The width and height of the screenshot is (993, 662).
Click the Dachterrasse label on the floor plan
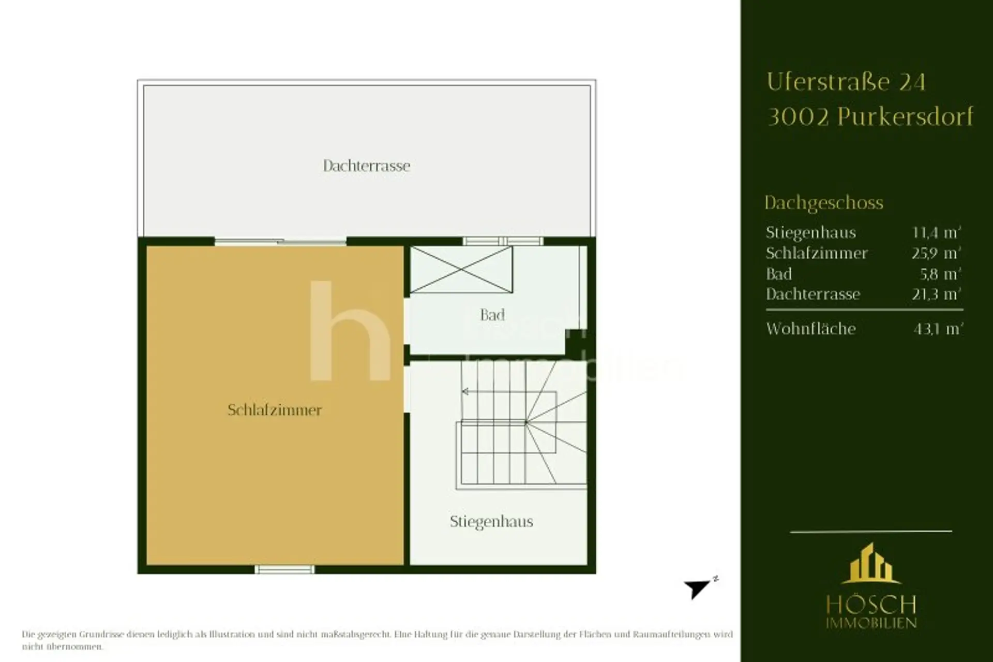point(367,166)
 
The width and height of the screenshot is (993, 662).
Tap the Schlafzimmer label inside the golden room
point(275,410)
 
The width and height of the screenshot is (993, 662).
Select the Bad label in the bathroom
point(492,315)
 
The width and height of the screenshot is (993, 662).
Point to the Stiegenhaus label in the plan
point(491,522)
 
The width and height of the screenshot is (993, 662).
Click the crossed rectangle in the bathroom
point(461,270)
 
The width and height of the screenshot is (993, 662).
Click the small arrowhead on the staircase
point(465,392)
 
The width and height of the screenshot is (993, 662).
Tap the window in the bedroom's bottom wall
point(284,569)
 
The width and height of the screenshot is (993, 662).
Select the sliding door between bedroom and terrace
point(280,241)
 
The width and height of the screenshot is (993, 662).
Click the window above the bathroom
point(503,241)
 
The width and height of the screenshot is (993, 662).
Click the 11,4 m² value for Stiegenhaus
point(937,232)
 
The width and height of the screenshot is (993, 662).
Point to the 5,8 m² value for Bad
point(940,273)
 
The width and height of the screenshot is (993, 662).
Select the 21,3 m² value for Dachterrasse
point(937,294)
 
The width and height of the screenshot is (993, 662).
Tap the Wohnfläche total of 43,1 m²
point(938,329)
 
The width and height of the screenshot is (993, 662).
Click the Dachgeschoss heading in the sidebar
point(824,203)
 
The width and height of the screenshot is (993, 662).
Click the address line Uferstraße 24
point(846,82)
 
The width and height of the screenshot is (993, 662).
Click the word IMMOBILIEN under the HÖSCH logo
point(871,623)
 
